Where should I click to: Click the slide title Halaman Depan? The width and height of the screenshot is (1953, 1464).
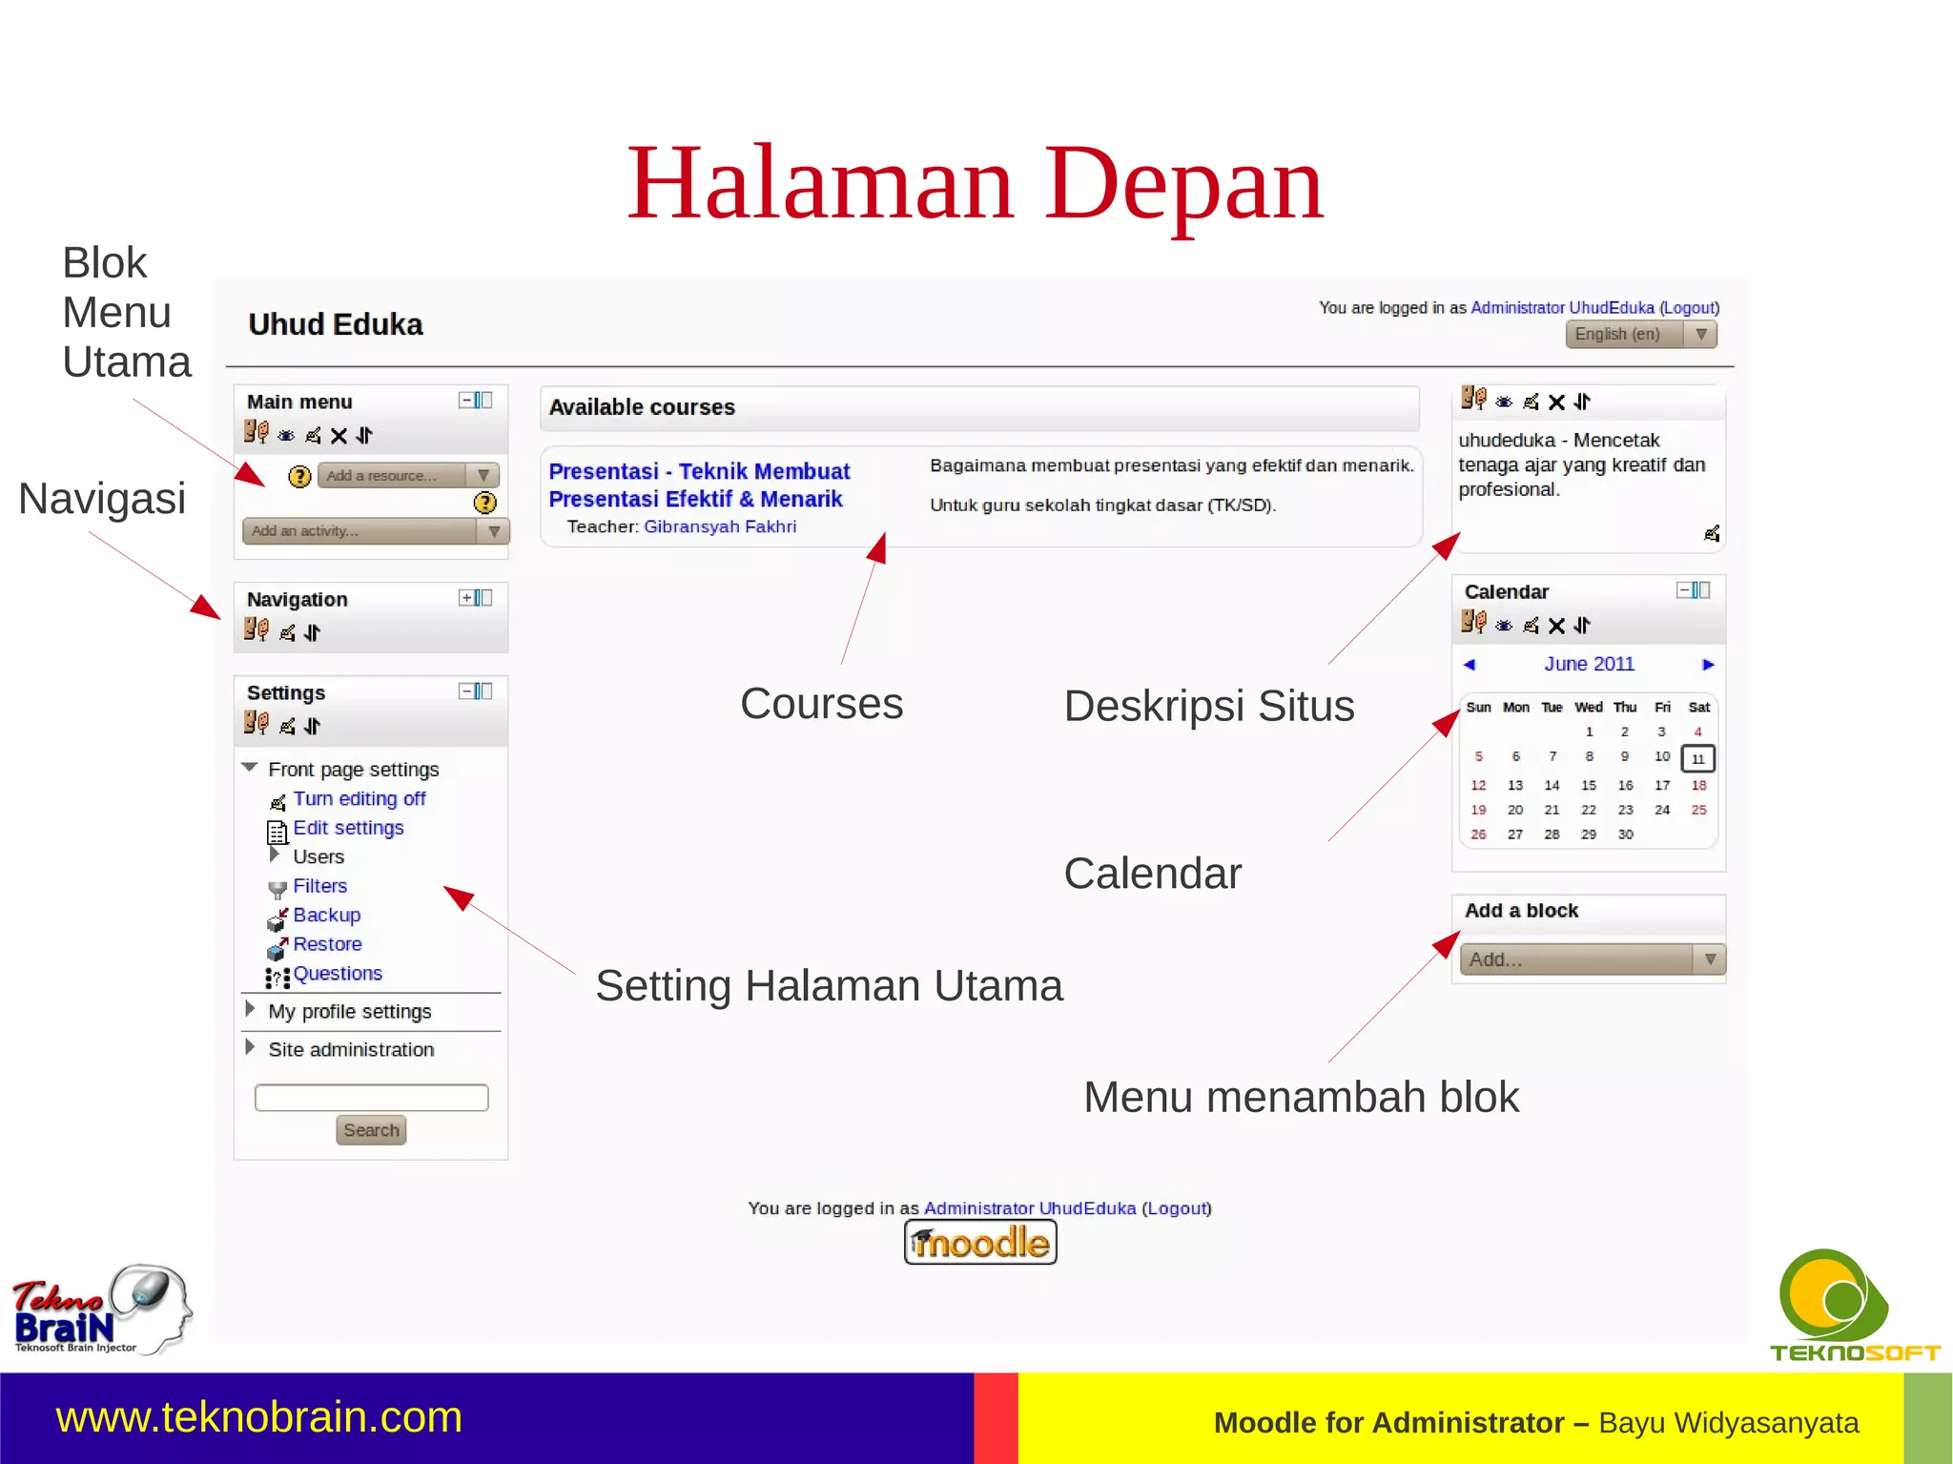point(975,183)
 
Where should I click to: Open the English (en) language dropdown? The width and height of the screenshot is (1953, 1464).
point(1640,335)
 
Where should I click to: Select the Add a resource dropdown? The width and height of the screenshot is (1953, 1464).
point(407,475)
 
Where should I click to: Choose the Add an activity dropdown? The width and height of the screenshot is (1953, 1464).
point(375,531)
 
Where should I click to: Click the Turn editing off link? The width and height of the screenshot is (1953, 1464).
point(359,799)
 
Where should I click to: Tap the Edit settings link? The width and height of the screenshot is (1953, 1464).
point(348,828)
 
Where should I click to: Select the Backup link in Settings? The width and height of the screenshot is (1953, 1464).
point(326,916)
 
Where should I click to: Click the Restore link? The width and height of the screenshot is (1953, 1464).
point(327,944)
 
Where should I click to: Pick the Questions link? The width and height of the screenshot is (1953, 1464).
point(338,974)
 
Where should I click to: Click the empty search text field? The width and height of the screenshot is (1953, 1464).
point(371,1098)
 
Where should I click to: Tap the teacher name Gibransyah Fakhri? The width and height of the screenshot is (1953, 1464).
point(719,526)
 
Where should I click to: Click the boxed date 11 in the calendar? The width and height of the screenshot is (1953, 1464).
point(1697,759)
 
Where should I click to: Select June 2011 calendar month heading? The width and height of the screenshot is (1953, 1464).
point(1589,664)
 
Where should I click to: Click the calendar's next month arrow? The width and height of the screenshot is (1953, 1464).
point(1708,665)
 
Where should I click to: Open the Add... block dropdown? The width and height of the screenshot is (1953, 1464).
point(1592,959)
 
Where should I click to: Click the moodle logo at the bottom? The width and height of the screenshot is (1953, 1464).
point(980,1243)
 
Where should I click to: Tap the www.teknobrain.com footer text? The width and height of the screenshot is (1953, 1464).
point(259,1417)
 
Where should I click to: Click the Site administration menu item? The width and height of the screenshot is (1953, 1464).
point(351,1050)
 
